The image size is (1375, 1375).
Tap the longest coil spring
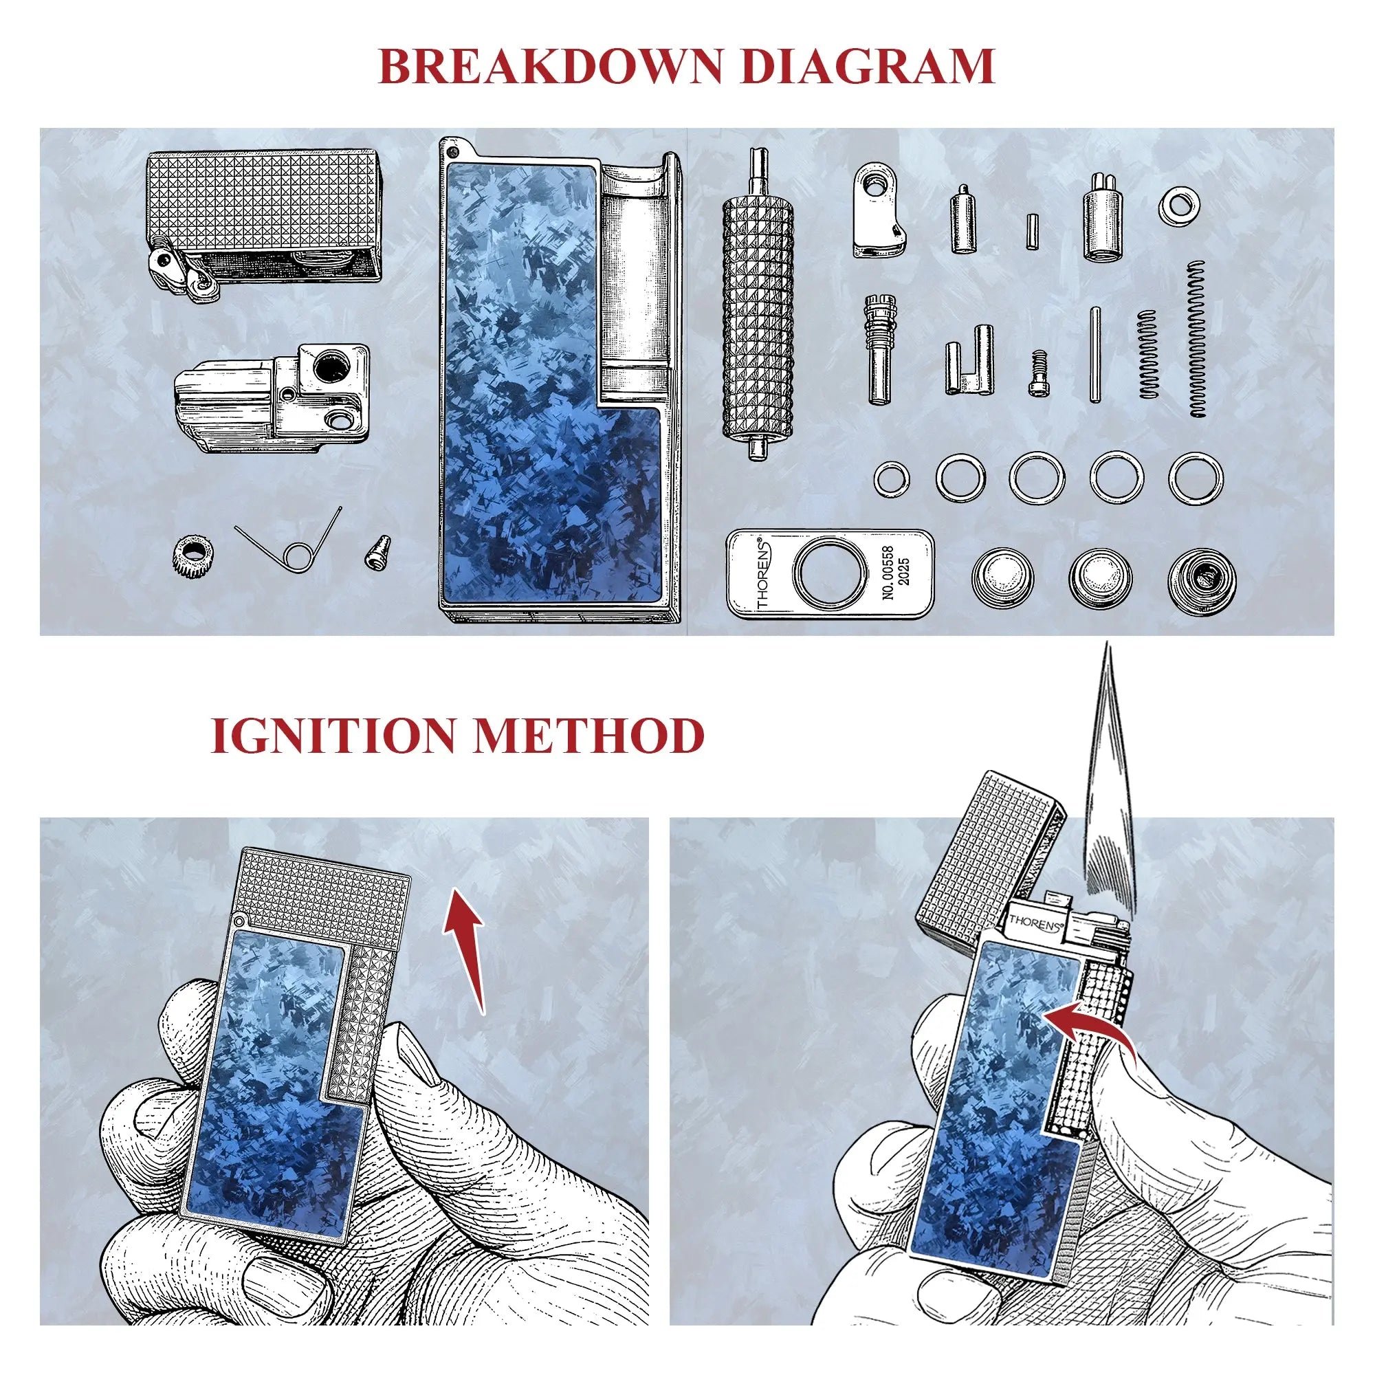[1198, 338]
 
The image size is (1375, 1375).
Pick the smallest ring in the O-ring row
[892, 478]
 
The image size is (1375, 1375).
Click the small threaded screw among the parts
[1038, 372]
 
